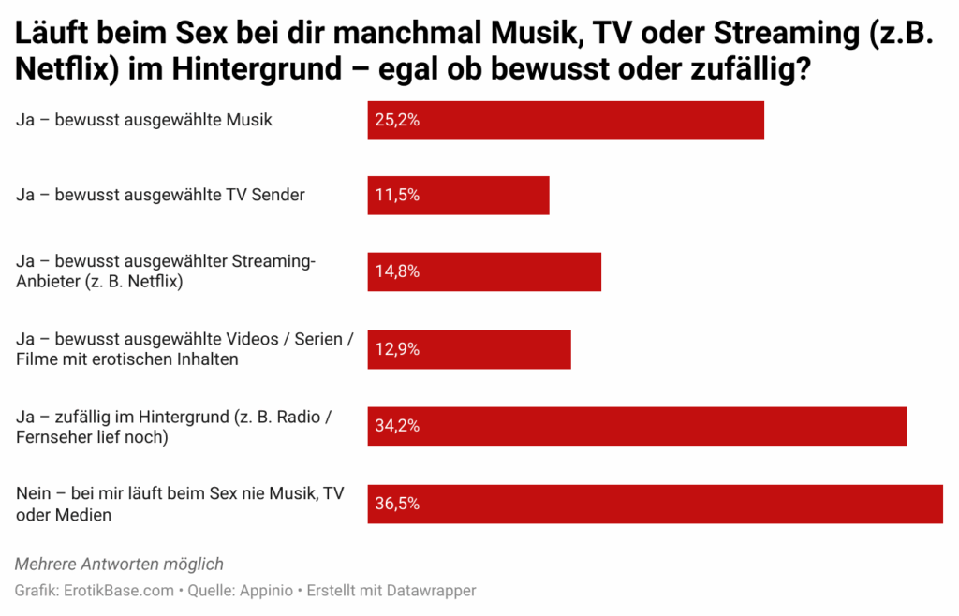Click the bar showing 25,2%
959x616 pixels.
[566, 120]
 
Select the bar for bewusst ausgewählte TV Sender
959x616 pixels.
[458, 196]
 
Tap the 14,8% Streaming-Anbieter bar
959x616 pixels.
[484, 271]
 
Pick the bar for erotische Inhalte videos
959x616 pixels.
[468, 349]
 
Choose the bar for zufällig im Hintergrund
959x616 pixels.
[637, 426]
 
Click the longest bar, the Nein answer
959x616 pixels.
[655, 503]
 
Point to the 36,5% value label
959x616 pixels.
[397, 503]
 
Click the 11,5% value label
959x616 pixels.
[397, 196]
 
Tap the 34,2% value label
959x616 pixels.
[397, 426]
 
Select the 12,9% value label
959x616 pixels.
[397, 349]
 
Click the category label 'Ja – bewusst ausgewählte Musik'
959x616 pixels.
[144, 120]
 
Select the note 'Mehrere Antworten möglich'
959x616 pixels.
[119, 564]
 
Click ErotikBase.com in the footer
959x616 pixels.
[118, 591]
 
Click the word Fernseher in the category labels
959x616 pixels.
[52, 437]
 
